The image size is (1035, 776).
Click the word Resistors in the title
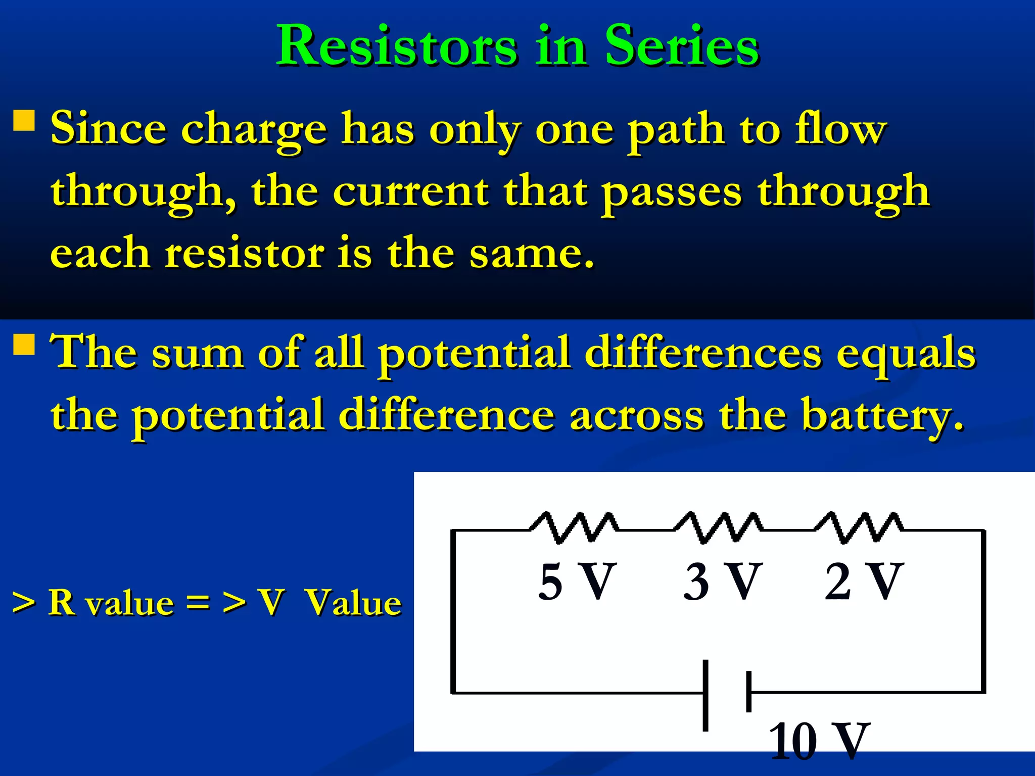pyautogui.click(x=397, y=46)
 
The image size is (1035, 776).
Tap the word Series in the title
pyautogui.click(x=682, y=46)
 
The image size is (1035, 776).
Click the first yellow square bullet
pyautogui.click(x=24, y=121)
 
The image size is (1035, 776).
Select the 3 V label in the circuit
pyautogui.click(x=722, y=582)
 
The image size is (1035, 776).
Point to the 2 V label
pyautogui.click(x=863, y=582)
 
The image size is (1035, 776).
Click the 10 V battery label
pyautogui.click(x=819, y=741)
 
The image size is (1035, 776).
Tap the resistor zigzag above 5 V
pyautogui.click(x=574, y=528)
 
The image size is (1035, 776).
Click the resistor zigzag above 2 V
pyautogui.click(x=859, y=528)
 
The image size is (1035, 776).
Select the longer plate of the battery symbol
pyautogui.click(x=705, y=695)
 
